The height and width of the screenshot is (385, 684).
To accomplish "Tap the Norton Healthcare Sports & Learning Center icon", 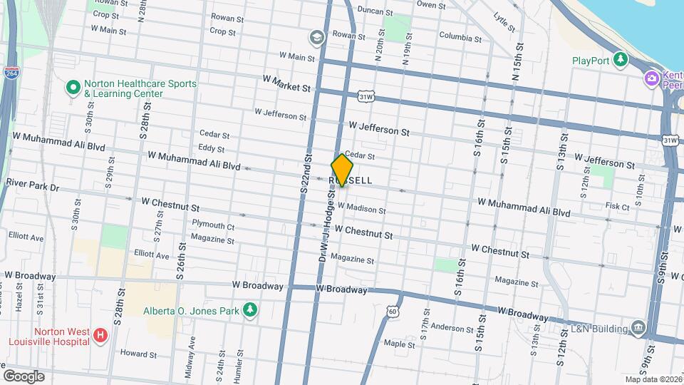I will pos(72,88).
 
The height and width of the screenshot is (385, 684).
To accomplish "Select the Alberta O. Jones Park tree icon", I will pos(249,309).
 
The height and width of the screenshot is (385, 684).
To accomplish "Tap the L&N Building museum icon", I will pos(638,328).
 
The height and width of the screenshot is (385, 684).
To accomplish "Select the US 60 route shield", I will pos(393,311).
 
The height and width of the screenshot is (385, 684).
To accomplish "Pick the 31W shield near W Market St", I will pos(366,96).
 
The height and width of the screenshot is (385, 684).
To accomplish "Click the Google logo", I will pos(24,376).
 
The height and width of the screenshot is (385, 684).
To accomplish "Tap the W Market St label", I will pos(286,83).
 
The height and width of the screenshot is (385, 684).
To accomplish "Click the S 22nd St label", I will pos(306,174).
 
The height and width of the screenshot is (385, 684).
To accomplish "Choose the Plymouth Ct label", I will pos(213,225).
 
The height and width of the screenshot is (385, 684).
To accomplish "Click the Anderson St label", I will pos(447,328).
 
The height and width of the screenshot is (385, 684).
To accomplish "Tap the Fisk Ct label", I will pos(617,206).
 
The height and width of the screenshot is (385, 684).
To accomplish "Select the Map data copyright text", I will pos(652,379).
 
